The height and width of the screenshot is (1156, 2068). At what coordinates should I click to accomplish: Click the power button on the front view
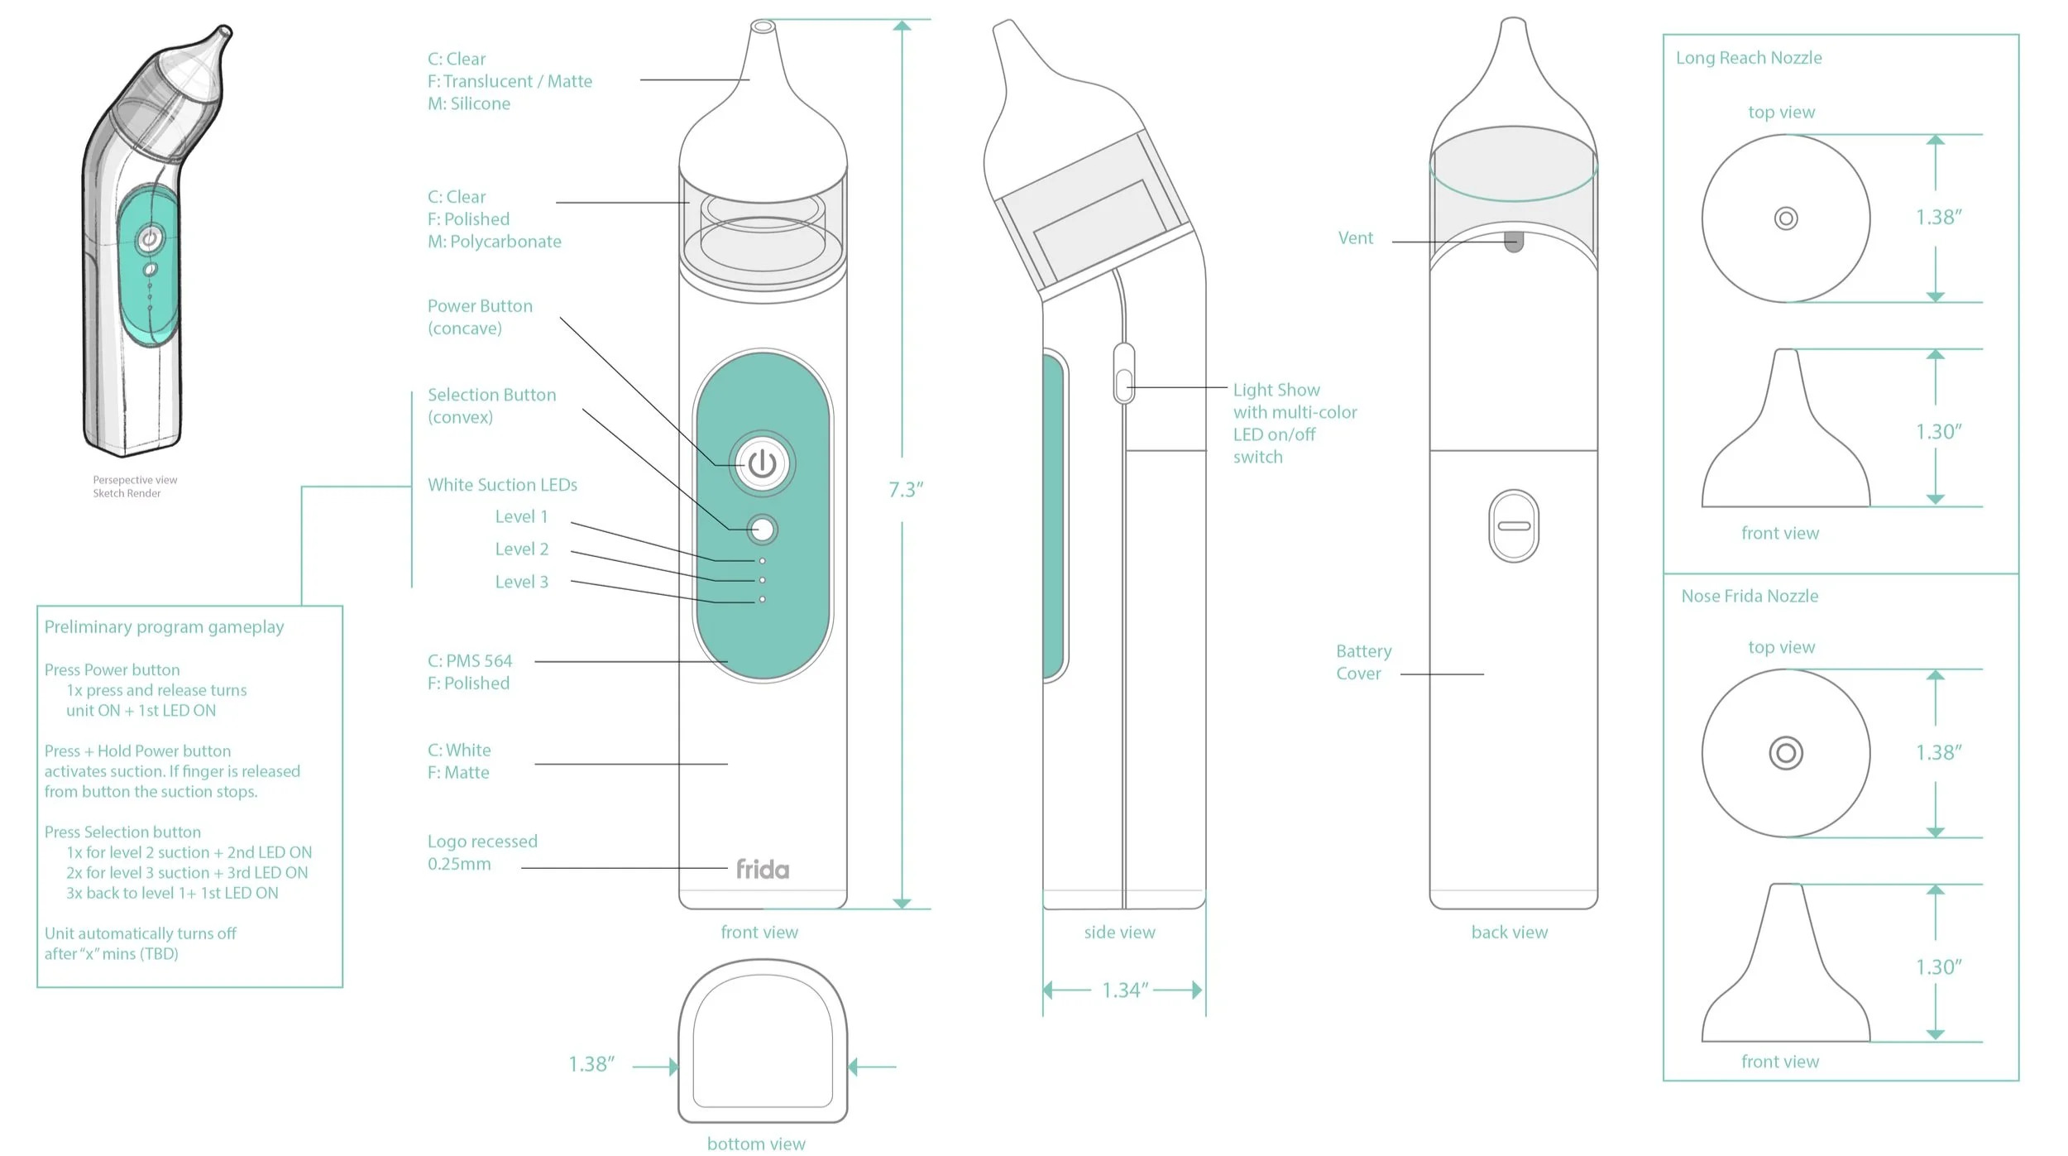pos(762,464)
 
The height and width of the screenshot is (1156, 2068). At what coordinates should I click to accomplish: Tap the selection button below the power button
pos(762,530)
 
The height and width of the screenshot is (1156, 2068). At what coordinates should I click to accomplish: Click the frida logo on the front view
pos(762,869)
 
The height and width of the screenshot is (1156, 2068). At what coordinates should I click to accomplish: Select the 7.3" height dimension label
pos(906,490)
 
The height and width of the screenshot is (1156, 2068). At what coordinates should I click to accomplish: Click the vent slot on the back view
pos(1514,242)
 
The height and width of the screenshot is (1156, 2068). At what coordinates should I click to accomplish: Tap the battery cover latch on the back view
pos(1514,526)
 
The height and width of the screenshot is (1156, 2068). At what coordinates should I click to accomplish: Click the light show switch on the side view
pos(1123,385)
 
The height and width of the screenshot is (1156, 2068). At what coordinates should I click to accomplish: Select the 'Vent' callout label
pos(1355,238)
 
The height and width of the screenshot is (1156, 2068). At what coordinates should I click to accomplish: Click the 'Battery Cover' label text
pos(1363,662)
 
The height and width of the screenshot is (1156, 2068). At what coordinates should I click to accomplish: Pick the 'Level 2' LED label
pos(521,549)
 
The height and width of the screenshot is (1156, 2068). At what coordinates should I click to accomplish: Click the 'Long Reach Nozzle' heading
pos(1749,58)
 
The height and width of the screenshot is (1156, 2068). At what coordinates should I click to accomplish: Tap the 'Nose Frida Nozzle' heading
pos(1750,596)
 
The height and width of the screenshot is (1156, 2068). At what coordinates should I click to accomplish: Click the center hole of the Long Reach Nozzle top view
pos(1786,218)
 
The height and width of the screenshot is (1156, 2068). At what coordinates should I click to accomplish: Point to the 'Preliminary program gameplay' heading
pos(164,627)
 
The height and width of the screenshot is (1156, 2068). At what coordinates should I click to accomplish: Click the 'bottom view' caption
pos(756,1144)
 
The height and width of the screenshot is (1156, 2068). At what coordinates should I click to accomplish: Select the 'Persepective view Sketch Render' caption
pos(134,487)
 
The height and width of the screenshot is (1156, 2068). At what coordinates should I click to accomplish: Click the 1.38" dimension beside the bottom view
pos(591,1064)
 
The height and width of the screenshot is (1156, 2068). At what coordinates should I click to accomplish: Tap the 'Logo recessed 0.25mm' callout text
pos(481,852)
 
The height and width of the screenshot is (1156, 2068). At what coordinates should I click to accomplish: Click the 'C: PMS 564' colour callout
pos(470,661)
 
